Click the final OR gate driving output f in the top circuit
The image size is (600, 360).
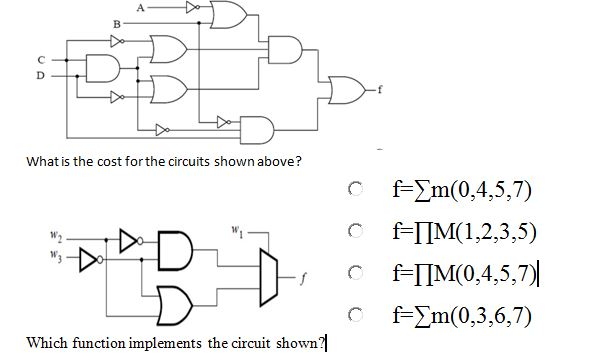[x=347, y=89]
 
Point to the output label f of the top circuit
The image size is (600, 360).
[x=378, y=89]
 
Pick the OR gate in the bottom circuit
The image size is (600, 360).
[x=175, y=298]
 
